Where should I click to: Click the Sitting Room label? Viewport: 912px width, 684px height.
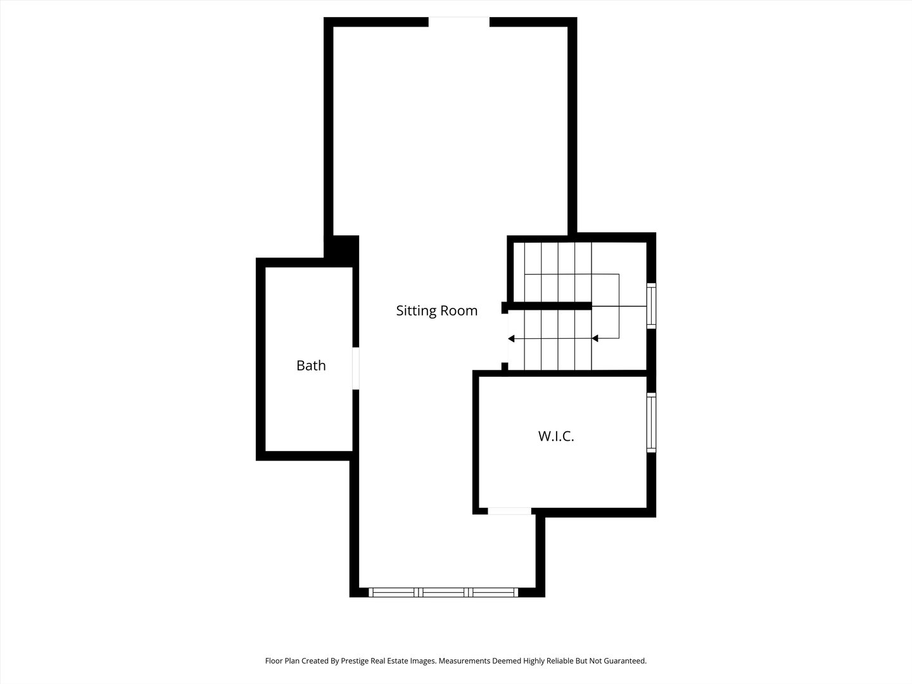pos(436,311)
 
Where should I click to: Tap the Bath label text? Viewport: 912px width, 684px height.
pos(311,365)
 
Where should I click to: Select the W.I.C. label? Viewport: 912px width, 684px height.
pos(556,436)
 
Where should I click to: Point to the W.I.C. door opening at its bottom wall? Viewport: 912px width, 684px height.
pos(509,511)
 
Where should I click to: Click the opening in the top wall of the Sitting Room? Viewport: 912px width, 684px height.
pos(459,22)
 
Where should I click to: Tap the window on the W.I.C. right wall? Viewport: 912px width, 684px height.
pos(651,422)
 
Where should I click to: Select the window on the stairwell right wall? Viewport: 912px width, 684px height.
pos(651,306)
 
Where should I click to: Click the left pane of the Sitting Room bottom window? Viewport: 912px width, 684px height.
pos(393,593)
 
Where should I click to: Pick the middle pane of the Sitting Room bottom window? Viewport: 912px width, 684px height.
pos(445,593)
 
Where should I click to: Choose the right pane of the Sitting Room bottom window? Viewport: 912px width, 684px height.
pos(494,593)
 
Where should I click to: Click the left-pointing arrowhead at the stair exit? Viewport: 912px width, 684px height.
pos(511,339)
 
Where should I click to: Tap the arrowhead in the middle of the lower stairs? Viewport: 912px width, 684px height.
pos(595,339)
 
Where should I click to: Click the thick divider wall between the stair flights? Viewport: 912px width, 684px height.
pos(548,306)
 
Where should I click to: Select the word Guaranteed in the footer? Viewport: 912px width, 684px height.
pos(624,661)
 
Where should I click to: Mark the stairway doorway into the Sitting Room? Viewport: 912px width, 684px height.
pos(505,339)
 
